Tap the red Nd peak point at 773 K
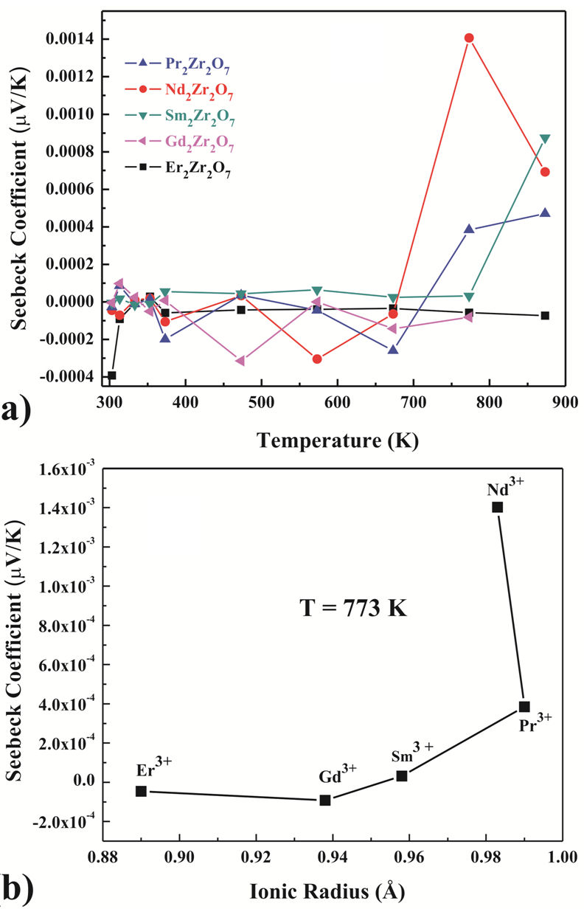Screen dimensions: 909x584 (469, 38)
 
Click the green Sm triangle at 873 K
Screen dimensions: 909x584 (545, 139)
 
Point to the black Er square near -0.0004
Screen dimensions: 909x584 (112, 376)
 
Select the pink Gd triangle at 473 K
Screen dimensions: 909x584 (240, 361)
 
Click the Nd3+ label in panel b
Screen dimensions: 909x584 (505, 488)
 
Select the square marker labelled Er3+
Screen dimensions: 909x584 (142, 791)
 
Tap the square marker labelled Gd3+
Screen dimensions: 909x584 (325, 800)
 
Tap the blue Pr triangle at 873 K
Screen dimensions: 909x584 (545, 212)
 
